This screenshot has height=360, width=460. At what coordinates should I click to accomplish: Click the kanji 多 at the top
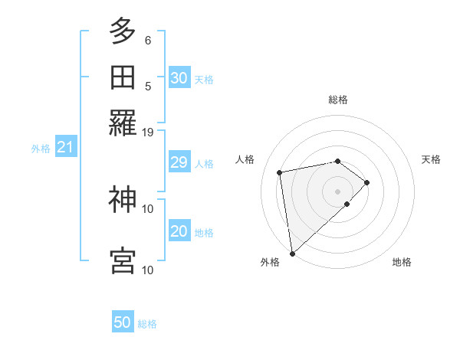[123, 32]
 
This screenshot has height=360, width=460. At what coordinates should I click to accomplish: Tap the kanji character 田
[123, 78]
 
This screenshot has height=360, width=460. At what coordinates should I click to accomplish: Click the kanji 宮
[123, 260]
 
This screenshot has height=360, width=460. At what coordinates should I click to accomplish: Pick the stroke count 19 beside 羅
[148, 132]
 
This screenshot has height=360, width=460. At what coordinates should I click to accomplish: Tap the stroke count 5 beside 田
[148, 87]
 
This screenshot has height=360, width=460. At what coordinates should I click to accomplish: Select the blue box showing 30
[179, 78]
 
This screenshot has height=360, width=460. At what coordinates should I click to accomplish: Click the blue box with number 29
[179, 162]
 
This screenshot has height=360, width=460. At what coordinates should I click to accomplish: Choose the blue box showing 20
[179, 231]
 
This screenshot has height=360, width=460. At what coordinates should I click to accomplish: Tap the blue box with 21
[64, 148]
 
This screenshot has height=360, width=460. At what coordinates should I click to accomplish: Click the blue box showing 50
[123, 322]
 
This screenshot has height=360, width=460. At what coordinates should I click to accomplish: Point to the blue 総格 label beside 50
[147, 324]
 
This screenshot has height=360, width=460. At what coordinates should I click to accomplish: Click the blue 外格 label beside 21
[40, 149]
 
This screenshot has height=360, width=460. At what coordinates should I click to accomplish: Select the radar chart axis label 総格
[337, 100]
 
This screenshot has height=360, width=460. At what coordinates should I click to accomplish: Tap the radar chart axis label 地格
[402, 262]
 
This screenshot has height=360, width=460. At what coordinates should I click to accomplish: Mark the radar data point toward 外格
[291, 253]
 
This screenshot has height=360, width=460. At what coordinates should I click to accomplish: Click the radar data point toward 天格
[367, 182]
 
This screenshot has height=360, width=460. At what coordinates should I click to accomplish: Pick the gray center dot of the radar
[337, 191]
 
